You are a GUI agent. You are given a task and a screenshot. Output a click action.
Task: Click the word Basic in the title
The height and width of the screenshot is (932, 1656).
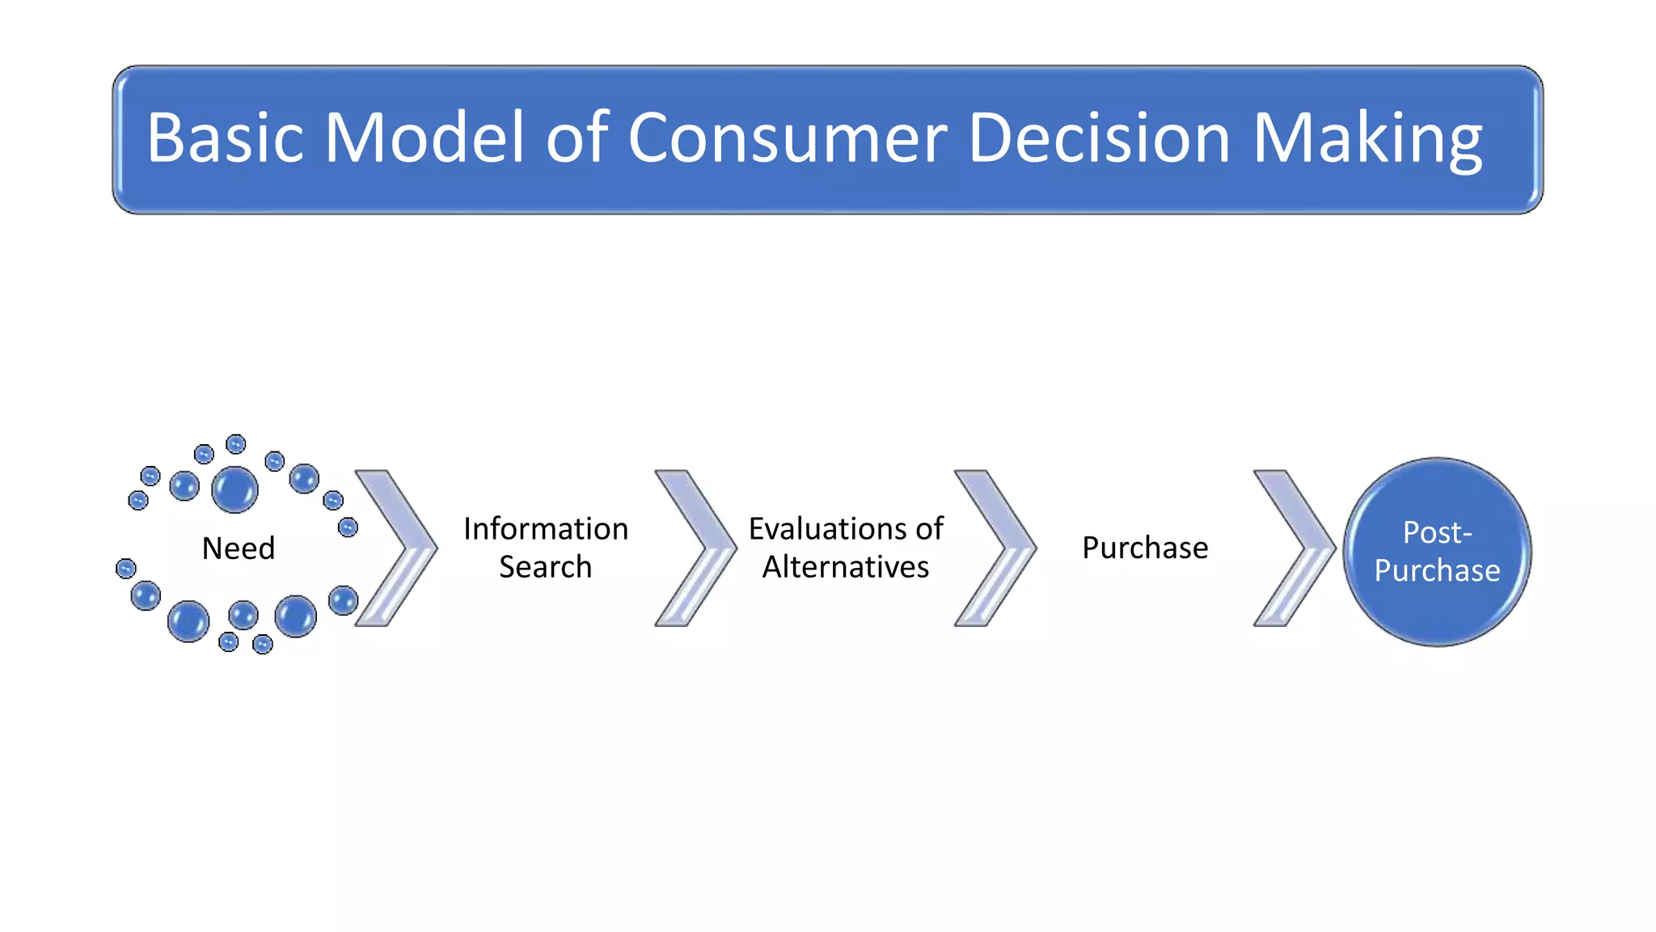click(225, 138)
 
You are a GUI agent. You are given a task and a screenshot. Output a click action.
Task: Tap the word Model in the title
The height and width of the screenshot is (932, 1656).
click(425, 138)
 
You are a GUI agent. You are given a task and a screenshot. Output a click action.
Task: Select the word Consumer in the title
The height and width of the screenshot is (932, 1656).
click(787, 138)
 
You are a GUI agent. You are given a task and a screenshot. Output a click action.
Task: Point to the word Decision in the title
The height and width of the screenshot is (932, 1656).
click(1099, 138)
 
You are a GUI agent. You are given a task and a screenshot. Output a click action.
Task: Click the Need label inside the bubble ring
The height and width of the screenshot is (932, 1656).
click(239, 549)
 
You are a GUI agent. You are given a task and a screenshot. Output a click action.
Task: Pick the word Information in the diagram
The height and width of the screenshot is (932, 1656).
click(546, 529)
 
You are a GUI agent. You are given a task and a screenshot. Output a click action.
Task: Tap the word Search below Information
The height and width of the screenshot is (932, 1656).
click(546, 567)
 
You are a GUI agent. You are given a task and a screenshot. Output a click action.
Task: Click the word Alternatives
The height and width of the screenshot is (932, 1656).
click(846, 567)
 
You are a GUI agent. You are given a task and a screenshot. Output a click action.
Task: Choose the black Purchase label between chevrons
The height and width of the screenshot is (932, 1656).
click(1145, 548)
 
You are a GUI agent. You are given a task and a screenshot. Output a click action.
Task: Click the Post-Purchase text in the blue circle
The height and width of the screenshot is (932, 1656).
click(1437, 552)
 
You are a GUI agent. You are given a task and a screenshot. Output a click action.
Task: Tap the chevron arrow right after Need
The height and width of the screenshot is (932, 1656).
click(404, 548)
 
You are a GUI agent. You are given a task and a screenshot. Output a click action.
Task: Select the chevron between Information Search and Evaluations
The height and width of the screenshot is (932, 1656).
click(703, 548)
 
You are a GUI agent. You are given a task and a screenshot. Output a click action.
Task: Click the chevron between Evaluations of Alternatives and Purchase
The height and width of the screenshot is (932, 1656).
click(1003, 548)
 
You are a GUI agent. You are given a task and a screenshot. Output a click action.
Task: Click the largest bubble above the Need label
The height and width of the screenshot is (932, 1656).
click(234, 489)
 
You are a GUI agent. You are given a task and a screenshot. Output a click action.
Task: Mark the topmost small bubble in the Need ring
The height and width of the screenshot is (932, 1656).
click(235, 443)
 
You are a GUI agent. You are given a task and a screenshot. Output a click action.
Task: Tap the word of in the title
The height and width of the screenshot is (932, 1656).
click(577, 138)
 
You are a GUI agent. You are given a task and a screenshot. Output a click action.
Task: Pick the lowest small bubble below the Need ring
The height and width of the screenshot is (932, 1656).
click(263, 645)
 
